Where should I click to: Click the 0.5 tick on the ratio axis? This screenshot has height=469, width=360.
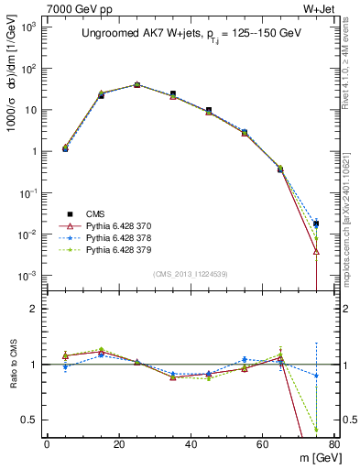point(29,420)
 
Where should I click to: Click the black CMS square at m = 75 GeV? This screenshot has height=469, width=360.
point(316,224)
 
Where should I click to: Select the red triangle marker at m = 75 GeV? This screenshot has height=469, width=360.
point(316,251)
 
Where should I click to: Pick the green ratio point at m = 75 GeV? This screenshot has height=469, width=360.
point(316,429)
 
